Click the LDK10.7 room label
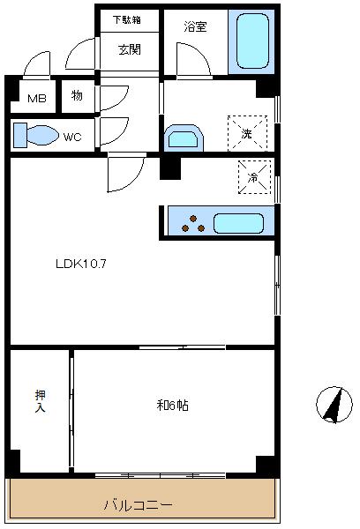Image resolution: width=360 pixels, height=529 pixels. click(81, 263)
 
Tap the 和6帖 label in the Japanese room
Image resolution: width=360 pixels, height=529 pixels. click(173, 406)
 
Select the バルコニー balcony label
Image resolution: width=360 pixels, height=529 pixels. click(139, 505)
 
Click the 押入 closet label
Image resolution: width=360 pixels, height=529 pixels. click(40, 401)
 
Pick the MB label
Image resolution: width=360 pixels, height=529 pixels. click(35, 98)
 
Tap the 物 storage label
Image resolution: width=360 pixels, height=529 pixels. click(77, 95)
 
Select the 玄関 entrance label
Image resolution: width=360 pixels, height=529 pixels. click(129, 49)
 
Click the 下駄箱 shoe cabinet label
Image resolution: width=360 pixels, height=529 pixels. click(129, 19)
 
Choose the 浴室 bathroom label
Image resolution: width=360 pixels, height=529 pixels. click(195, 26)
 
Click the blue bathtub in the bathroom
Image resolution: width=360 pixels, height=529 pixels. click(252, 41)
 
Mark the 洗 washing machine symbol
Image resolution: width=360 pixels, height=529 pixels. click(246, 133)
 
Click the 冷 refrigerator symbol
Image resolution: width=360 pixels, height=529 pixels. click(254, 177)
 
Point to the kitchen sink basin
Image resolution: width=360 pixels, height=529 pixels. click(238, 222)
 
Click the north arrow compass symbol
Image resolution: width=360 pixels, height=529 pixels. click(334, 405)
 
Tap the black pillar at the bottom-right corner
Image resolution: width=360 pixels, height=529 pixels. click(265, 464)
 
